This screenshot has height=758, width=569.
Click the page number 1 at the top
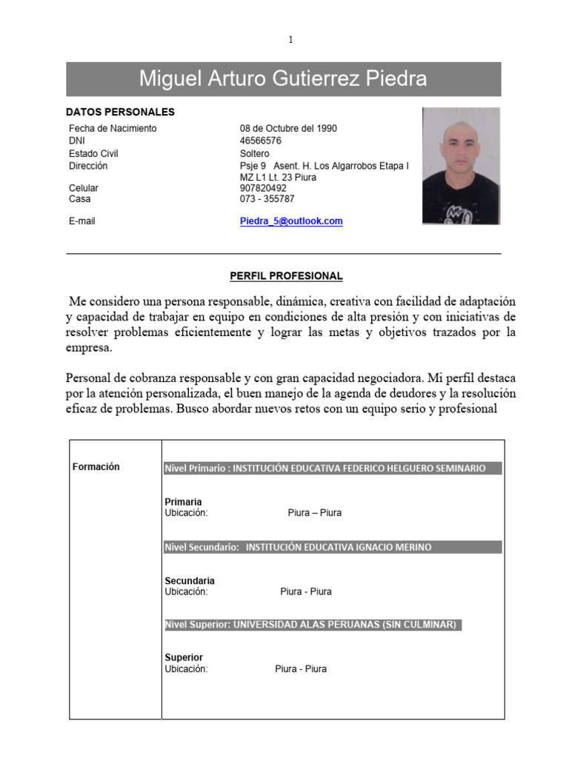[x=291, y=40]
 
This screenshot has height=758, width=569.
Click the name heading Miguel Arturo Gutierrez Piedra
[x=283, y=79]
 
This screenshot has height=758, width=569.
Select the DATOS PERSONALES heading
[x=120, y=113]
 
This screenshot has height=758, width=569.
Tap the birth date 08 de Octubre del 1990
[x=288, y=128]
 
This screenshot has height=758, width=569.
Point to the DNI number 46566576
[x=261, y=141]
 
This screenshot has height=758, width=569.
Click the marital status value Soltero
[x=255, y=153]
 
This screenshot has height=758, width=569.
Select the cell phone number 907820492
[x=263, y=188]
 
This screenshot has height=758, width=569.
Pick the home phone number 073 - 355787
[x=267, y=199]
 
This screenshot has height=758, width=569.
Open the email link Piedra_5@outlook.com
[x=291, y=221]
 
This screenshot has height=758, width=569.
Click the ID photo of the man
[x=461, y=166]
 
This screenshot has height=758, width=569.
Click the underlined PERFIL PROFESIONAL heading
[x=286, y=276]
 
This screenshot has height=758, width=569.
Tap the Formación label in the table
[x=96, y=467]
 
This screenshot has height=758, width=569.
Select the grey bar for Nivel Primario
[x=333, y=468]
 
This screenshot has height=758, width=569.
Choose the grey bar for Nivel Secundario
[x=333, y=547]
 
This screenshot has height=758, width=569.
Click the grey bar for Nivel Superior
[x=313, y=625]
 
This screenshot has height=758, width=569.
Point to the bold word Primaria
[x=183, y=502]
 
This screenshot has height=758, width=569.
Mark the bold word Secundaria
[x=190, y=581]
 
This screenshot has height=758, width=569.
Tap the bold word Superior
[x=184, y=657]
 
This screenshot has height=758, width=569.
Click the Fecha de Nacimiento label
[x=113, y=128]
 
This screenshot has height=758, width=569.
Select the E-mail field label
[x=82, y=221]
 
